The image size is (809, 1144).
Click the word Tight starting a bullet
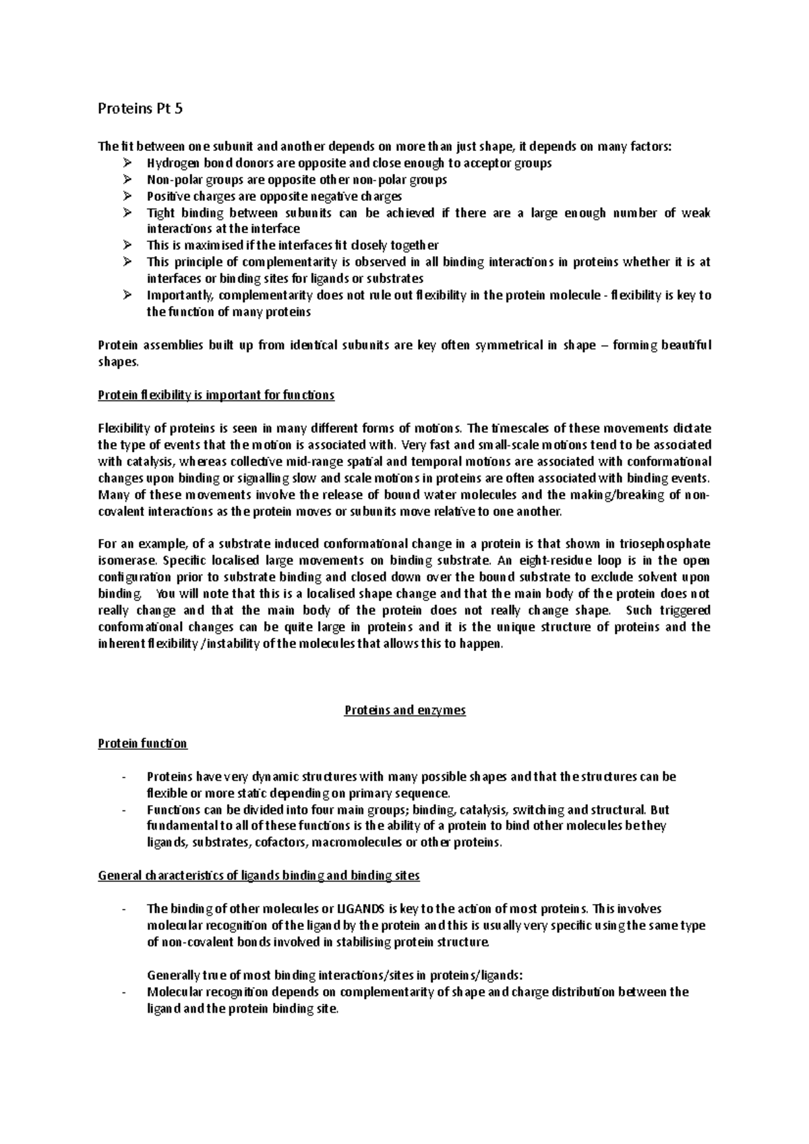click(x=159, y=213)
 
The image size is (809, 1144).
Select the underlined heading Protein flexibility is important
click(x=216, y=395)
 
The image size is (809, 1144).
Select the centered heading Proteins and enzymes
click(x=404, y=710)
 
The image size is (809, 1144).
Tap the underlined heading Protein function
click(x=142, y=744)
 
